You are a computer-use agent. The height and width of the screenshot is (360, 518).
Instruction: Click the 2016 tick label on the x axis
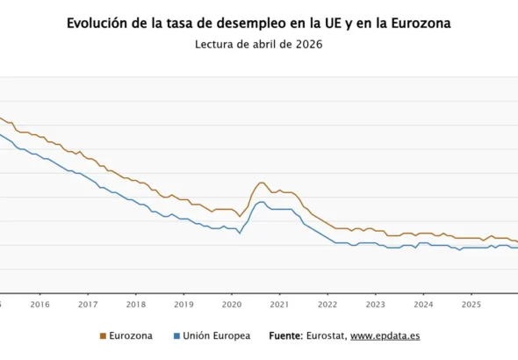[40, 305]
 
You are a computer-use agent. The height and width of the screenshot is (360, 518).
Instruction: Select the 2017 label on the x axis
[88, 305]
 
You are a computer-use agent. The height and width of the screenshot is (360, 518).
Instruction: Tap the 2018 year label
[135, 305]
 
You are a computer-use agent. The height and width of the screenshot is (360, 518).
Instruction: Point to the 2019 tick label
[183, 305]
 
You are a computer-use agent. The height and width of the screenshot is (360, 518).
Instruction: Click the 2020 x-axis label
[231, 305]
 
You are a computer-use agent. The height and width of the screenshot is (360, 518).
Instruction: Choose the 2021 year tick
[279, 305]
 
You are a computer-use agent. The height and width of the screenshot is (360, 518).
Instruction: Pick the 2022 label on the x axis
[327, 305]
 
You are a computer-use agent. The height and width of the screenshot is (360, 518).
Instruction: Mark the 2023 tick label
[375, 305]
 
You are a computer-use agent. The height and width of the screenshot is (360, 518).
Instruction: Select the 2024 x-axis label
[423, 305]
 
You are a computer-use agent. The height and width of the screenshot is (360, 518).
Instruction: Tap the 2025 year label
[471, 305]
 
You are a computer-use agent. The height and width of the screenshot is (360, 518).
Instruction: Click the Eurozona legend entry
[130, 335]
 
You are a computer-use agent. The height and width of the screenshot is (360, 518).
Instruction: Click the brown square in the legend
[103, 335]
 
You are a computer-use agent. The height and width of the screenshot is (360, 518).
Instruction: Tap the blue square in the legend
[176, 335]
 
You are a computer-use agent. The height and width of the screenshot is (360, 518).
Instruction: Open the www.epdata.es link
[385, 335]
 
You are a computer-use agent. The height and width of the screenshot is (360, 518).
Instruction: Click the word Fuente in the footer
[285, 335]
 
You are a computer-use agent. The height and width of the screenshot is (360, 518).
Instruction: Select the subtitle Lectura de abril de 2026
[259, 45]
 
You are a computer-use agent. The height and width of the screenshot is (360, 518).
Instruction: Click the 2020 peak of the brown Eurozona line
[261, 183]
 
